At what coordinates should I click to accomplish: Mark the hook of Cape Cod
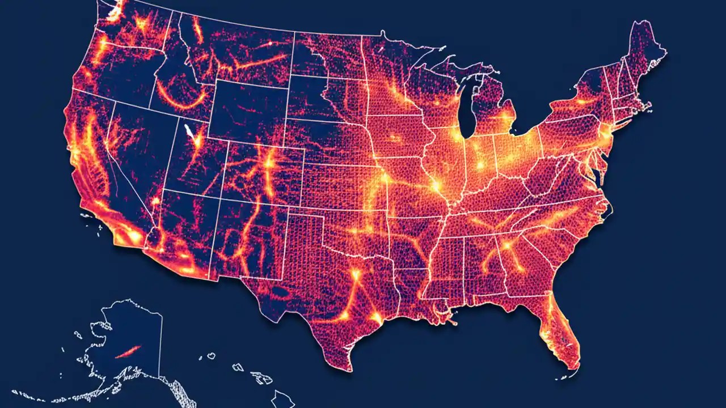click(647, 105)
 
